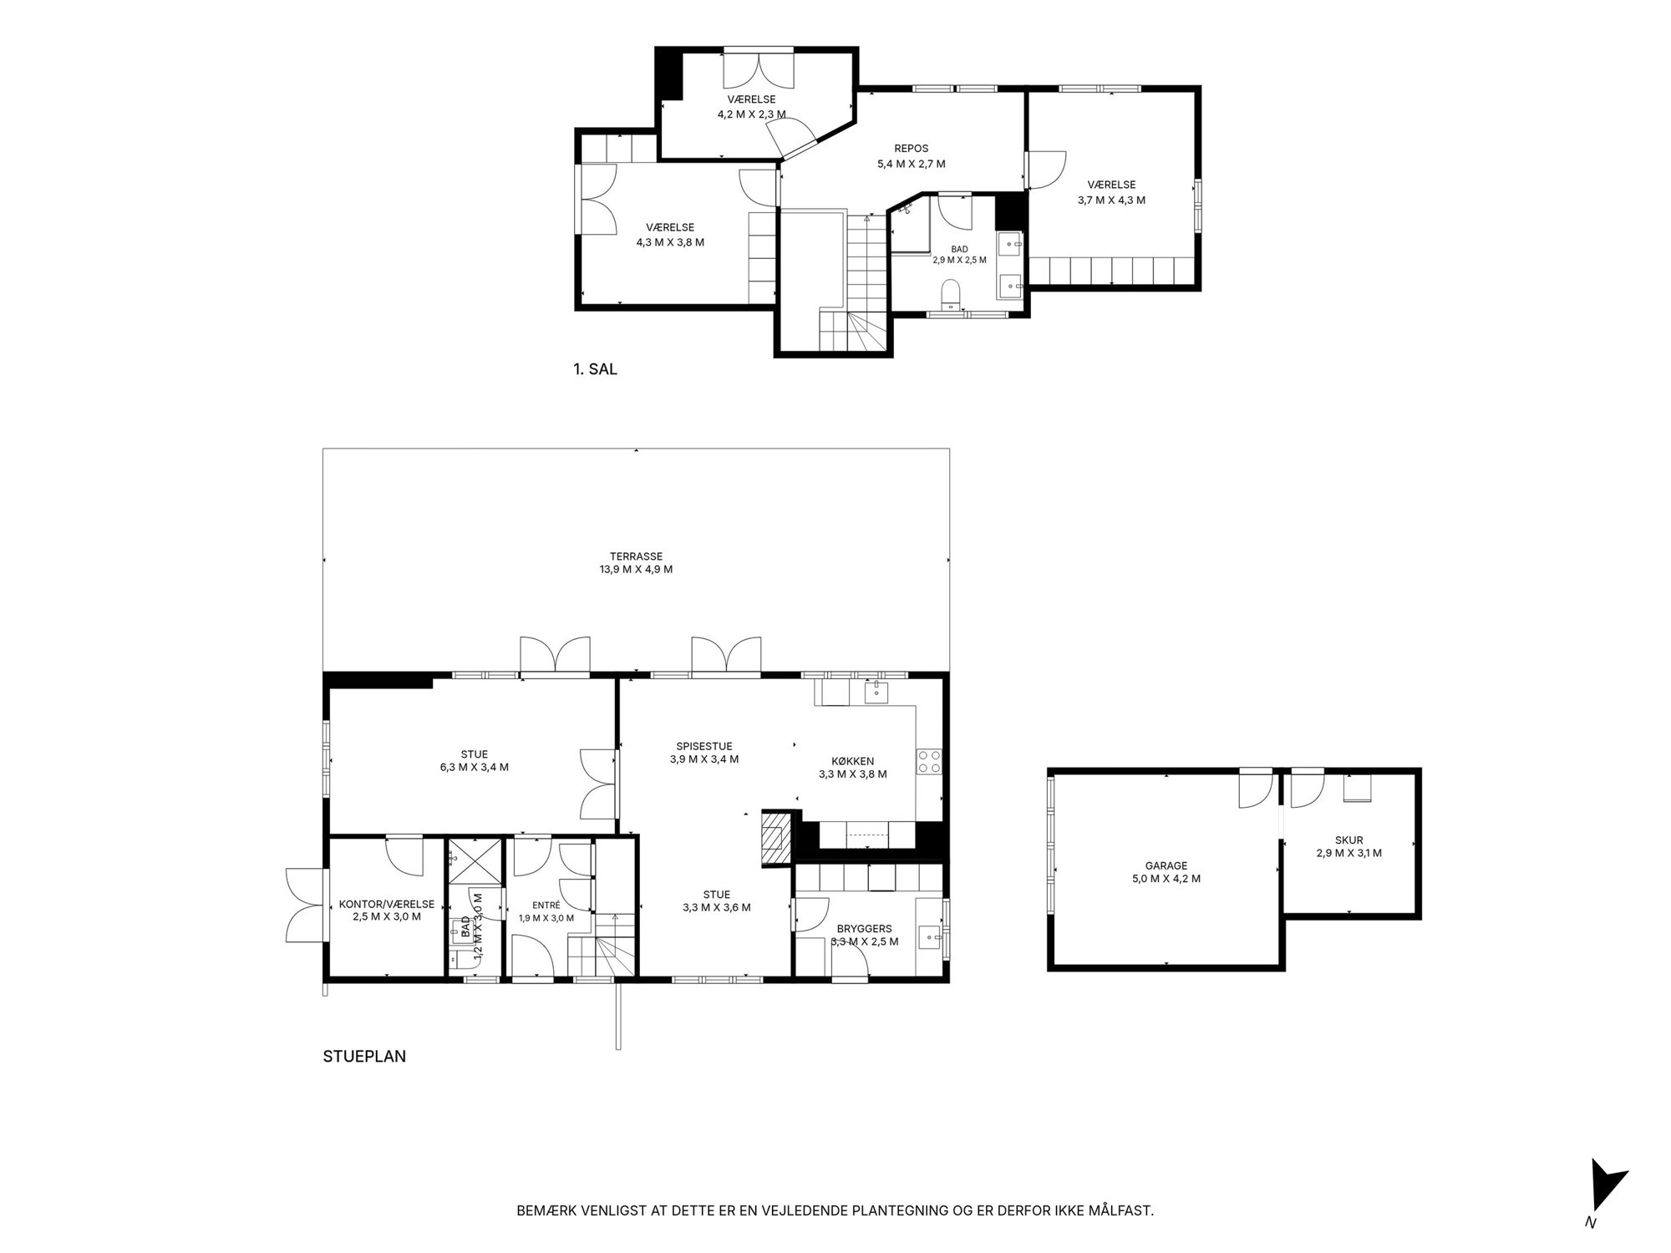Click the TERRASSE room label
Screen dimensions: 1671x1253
pyautogui.click(x=636, y=556)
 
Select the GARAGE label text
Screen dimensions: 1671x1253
pyautogui.click(x=1166, y=866)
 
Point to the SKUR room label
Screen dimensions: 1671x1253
pyautogui.click(x=1349, y=840)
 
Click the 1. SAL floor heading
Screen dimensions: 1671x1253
pyautogui.click(x=595, y=369)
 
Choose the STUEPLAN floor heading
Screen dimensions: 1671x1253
pyautogui.click(x=364, y=1057)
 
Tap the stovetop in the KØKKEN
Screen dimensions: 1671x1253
pyautogui.click(x=930, y=761)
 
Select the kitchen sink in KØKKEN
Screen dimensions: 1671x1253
pyautogui.click(x=876, y=692)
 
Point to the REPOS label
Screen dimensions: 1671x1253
pyautogui.click(x=911, y=149)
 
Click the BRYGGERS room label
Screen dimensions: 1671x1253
pyautogui.click(x=864, y=928)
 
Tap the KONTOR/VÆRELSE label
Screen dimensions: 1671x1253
pyautogui.click(x=387, y=904)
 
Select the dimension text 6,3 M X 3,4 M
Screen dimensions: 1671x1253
pyautogui.click(x=474, y=767)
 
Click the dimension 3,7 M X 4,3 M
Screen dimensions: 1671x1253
pyautogui.click(x=1111, y=200)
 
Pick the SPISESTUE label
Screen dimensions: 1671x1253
pyautogui.click(x=704, y=747)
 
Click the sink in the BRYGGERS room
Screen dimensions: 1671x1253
pyautogui.click(x=929, y=937)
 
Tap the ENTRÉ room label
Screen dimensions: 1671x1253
pyautogui.click(x=546, y=905)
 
